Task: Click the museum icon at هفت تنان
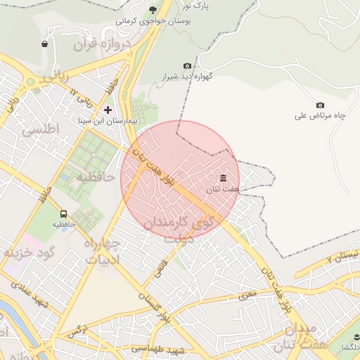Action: tap(224, 177)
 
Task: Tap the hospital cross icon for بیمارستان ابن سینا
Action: tap(108, 110)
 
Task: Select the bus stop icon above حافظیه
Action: tap(63, 214)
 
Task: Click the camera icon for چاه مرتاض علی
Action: tap(321, 105)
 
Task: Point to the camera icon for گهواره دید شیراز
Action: tap(186, 65)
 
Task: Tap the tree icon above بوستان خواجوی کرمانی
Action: tap(153, 9)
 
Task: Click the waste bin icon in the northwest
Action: tap(45, 44)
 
